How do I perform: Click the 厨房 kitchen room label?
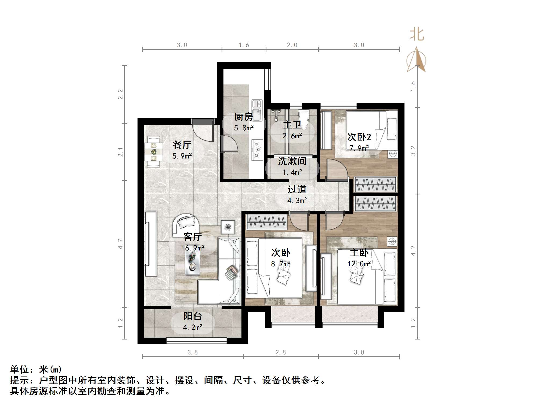[x=244, y=117]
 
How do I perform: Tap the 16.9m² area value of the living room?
[x=193, y=248]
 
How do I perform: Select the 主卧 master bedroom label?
[x=359, y=253]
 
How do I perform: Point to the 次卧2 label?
[x=359, y=137]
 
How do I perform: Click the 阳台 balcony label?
[x=193, y=316]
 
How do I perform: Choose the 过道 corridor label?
[x=297, y=189]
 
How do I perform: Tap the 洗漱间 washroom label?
[x=292, y=161]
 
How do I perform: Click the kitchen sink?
[x=257, y=110]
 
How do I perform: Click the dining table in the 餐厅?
[x=154, y=152]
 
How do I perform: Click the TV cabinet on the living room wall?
[x=151, y=244]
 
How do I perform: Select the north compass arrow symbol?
[x=416, y=60]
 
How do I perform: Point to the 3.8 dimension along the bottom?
[x=193, y=352]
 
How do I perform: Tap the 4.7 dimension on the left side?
[x=120, y=244]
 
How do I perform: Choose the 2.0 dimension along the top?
[x=292, y=45]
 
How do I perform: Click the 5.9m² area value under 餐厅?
[x=182, y=156]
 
